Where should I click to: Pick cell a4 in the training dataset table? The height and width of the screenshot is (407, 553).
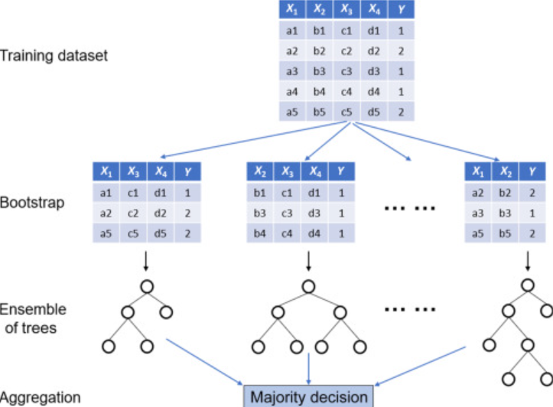[291, 92]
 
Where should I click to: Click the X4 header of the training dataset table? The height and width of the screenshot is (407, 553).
[372, 11]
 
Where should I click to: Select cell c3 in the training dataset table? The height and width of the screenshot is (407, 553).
[346, 72]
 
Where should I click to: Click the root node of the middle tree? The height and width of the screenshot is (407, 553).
[308, 288]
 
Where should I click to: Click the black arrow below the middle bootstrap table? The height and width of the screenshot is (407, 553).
[308, 261]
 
